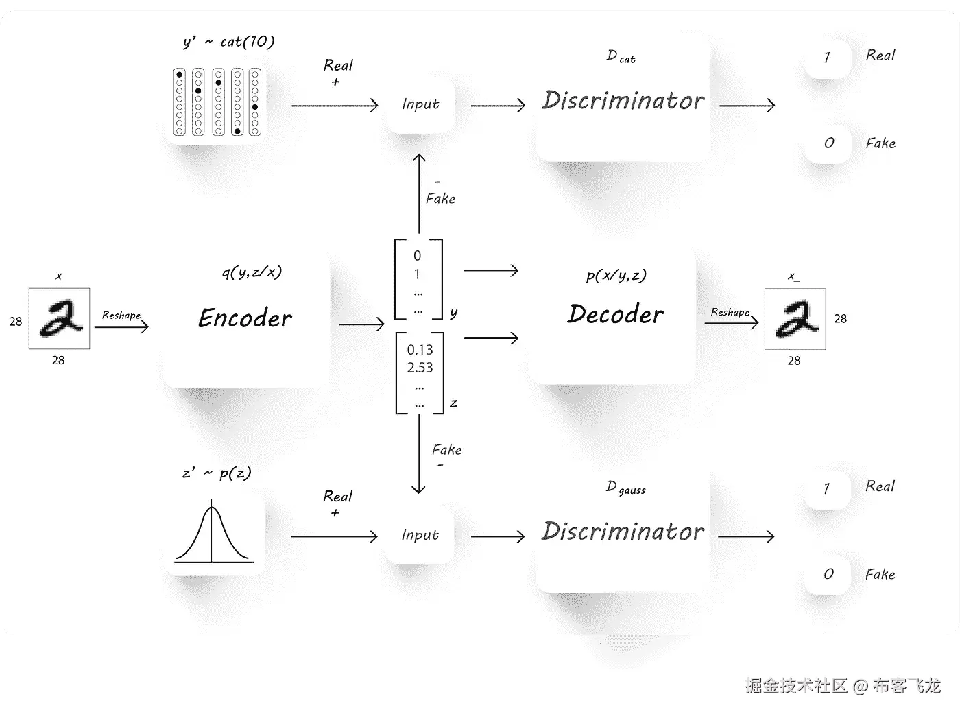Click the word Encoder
pyautogui.click(x=245, y=318)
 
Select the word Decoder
pyautogui.click(x=615, y=314)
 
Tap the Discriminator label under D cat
pyautogui.click(x=623, y=100)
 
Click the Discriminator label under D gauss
pyautogui.click(x=623, y=531)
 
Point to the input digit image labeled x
pyautogui.click(x=59, y=319)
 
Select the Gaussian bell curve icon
pyautogui.click(x=213, y=534)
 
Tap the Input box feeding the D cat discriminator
pyautogui.click(x=420, y=104)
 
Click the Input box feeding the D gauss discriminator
pyautogui.click(x=420, y=535)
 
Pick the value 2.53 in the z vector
pyautogui.click(x=420, y=368)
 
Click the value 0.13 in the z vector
pyautogui.click(x=420, y=350)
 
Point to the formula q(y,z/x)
pyautogui.click(x=252, y=272)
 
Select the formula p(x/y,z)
pyautogui.click(x=616, y=275)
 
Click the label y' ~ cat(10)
pyautogui.click(x=228, y=42)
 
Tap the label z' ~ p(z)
pyautogui.click(x=217, y=473)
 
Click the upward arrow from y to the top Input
pyautogui.click(x=419, y=195)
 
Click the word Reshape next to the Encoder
pyautogui.click(x=121, y=315)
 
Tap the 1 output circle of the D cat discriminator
pyautogui.click(x=828, y=58)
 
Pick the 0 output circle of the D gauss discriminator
pyautogui.click(x=828, y=574)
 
